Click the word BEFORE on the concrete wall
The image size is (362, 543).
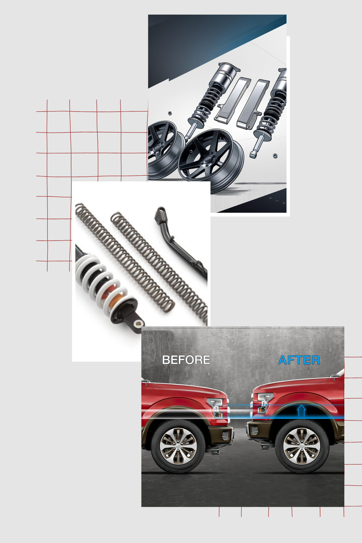pos(186,360)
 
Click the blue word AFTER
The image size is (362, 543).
pos(299,360)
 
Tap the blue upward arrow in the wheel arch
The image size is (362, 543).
pos(301,411)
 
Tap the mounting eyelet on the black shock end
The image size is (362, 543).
pos(139,323)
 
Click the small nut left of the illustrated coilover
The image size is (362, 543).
pos(170,113)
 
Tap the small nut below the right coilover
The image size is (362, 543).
pos(275,156)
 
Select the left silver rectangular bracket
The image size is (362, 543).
pos(232,100)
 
